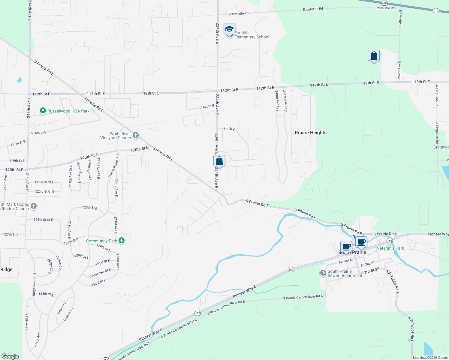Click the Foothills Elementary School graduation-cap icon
tap(229, 29)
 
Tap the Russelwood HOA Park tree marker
tap(43, 111)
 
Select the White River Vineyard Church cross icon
tap(136, 135)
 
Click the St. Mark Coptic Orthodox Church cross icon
tap(34, 206)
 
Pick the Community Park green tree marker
tap(122, 241)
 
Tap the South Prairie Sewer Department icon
tap(323, 273)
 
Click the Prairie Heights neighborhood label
tap(310, 133)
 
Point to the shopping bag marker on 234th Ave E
tap(219, 161)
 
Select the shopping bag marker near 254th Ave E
tap(374, 56)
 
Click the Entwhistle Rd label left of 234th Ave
tap(238, 14)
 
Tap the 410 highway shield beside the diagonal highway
tap(436, 10)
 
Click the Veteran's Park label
tap(390, 248)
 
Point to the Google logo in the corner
tap(10, 356)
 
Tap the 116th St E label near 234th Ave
tap(227, 129)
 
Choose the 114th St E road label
tap(206, 106)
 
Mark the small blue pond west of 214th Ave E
tap(19, 80)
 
